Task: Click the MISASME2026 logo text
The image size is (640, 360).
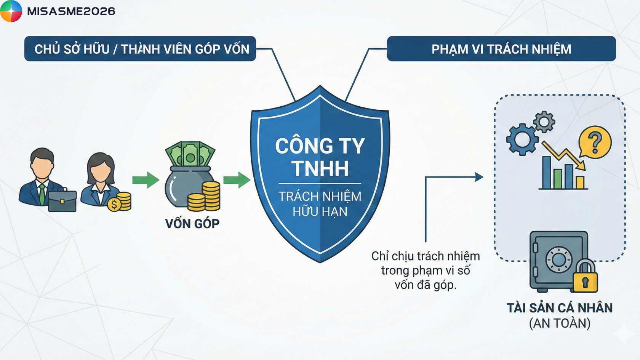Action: [71, 11]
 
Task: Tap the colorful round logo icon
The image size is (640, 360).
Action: [11, 11]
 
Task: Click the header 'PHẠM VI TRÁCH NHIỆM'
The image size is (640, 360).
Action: [501, 49]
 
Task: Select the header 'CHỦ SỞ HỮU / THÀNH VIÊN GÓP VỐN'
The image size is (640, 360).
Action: [142, 49]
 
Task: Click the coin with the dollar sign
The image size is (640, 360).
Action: [114, 205]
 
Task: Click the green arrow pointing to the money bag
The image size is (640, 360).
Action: [146, 180]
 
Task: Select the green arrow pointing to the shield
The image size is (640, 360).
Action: [237, 180]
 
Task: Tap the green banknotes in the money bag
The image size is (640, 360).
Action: [190, 154]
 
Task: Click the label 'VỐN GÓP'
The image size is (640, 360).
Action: [192, 223]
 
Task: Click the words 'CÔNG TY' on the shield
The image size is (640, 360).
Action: [320, 146]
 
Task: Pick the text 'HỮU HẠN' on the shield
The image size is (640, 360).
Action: [320, 211]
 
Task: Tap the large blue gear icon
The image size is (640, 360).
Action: [522, 139]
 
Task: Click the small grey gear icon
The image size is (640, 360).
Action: [544, 122]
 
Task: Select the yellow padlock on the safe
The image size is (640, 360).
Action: [586, 276]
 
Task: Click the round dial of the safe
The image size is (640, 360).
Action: [558, 260]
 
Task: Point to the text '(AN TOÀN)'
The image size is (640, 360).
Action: [560, 323]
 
